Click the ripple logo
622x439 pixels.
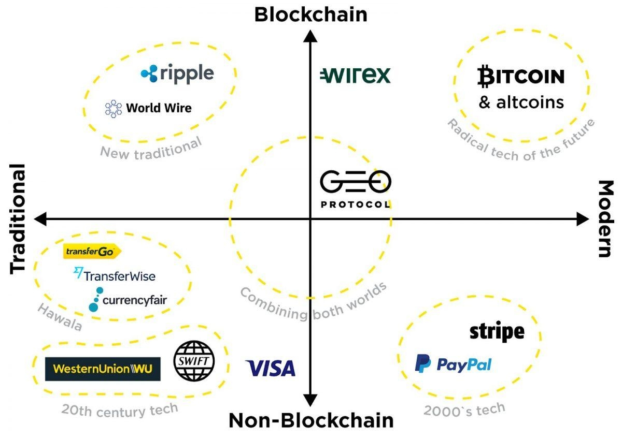tap(177, 74)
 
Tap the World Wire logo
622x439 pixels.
tap(148, 108)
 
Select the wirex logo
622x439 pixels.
tap(356, 75)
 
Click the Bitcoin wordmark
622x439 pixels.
tap(521, 76)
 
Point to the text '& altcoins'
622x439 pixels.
tap(521, 103)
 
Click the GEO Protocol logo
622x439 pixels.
tap(356, 189)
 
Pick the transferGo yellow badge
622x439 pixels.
tap(92, 252)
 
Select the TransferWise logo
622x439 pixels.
tap(115, 275)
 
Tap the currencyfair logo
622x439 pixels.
tap(128, 300)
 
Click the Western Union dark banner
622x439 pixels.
tap(103, 369)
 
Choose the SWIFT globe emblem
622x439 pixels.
tap(194, 361)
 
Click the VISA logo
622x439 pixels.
tap(271, 368)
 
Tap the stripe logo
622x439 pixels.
tap(497, 332)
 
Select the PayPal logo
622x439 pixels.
tap(453, 363)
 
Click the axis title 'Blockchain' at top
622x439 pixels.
tap(311, 14)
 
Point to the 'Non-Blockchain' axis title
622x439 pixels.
tap(311, 420)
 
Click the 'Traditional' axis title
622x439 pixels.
tap(18, 219)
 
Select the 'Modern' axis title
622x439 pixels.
tap(605, 219)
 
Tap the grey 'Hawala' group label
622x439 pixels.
tap(60, 317)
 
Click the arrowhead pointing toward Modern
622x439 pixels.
tap(583, 219)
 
